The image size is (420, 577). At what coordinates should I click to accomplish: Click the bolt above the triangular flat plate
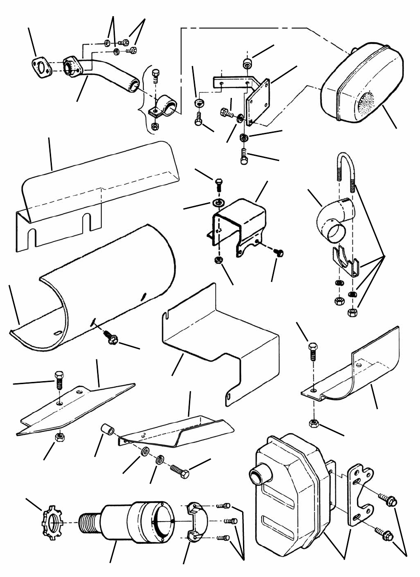point(59,380)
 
